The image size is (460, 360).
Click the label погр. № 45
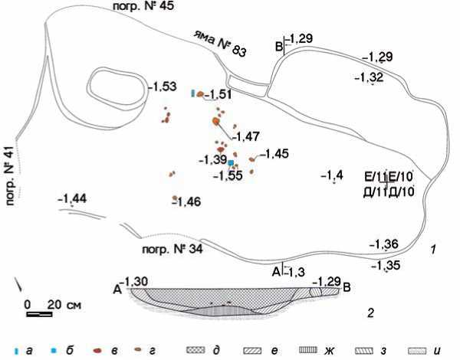coord(143,6)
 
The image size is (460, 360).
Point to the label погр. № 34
coord(172,249)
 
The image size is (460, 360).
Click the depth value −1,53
coord(163,87)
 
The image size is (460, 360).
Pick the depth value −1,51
coord(218,94)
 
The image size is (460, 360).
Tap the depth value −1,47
coord(245,136)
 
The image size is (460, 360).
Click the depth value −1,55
coord(228,175)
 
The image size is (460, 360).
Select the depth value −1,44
coord(72,198)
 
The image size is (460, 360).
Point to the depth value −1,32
coord(369,77)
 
